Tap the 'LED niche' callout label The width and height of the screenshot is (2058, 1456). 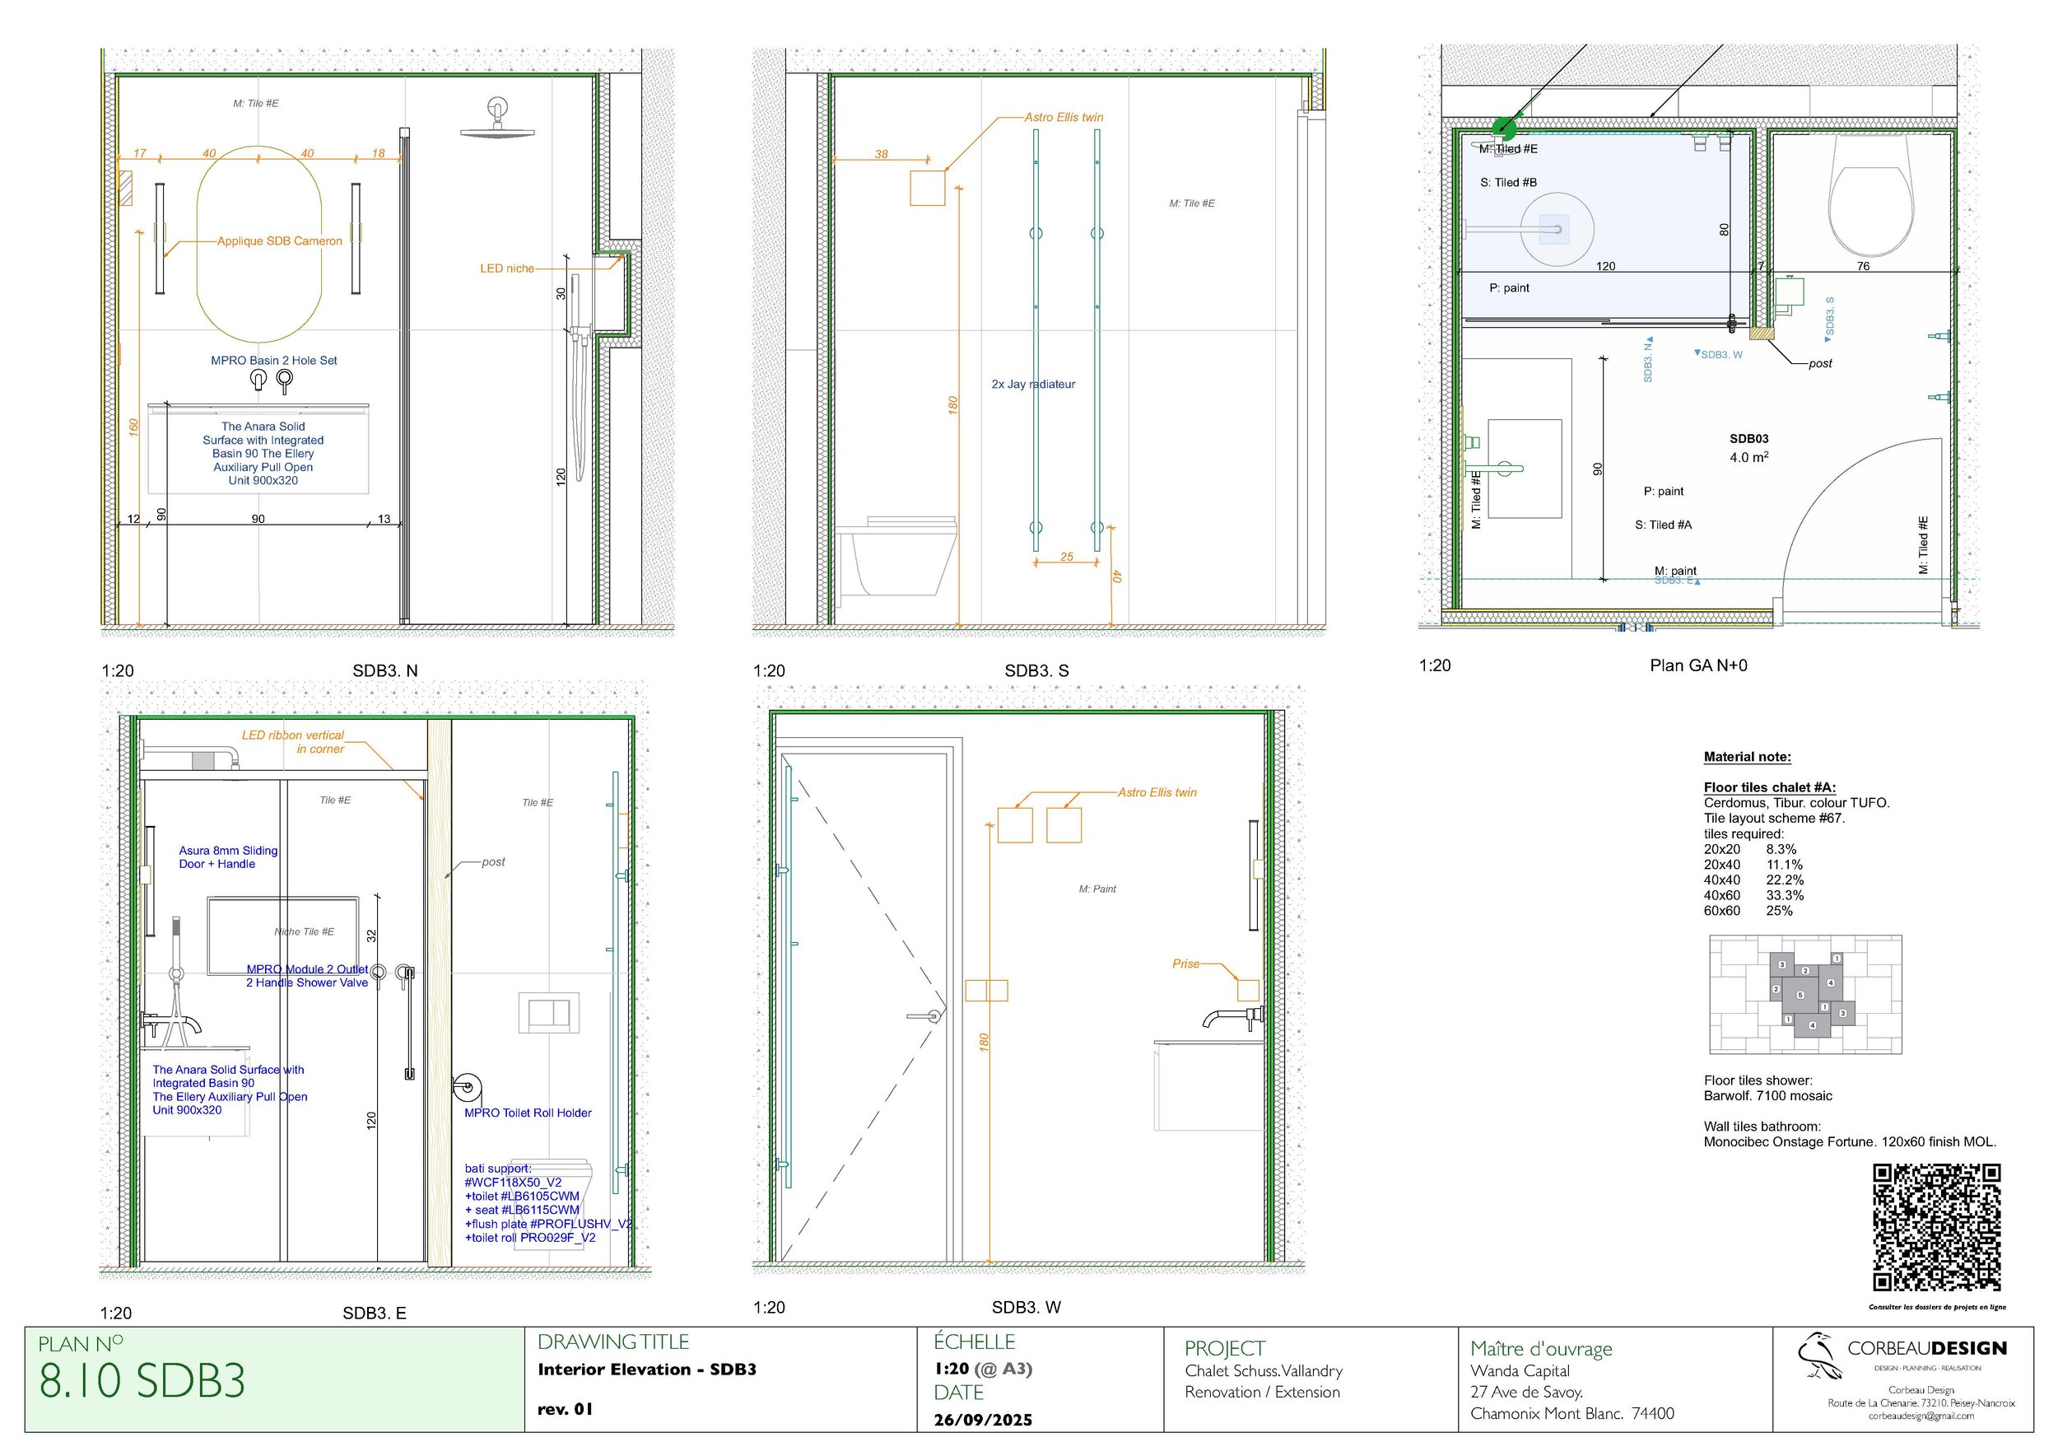[x=506, y=268]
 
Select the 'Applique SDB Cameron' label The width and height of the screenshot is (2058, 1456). [x=280, y=241]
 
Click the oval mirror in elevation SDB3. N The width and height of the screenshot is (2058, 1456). [x=258, y=244]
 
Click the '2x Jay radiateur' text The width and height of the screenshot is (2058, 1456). [x=1032, y=384]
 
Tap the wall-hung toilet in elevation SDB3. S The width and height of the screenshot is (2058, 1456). [x=896, y=556]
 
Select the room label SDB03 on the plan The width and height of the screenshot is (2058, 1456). [x=1748, y=439]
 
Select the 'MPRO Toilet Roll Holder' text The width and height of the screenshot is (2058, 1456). [x=528, y=1113]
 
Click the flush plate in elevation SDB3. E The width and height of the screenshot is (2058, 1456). [x=548, y=1012]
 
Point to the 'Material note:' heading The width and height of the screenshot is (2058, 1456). [x=1747, y=757]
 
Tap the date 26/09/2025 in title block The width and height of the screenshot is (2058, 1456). [x=982, y=1419]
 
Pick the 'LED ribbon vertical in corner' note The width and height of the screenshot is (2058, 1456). [x=293, y=741]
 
